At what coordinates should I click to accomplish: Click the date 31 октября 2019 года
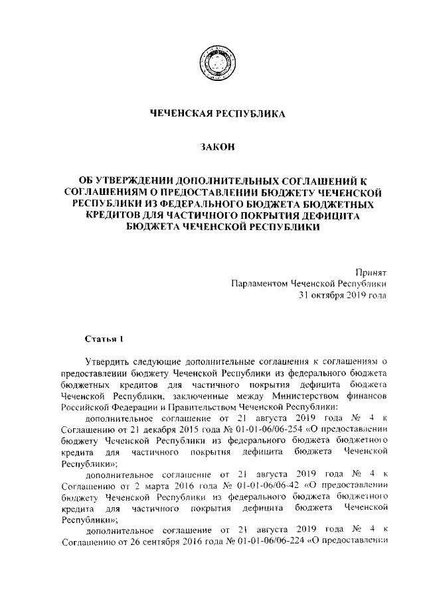pyautogui.click(x=343, y=295)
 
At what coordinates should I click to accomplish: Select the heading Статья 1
pyautogui.click(x=104, y=340)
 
